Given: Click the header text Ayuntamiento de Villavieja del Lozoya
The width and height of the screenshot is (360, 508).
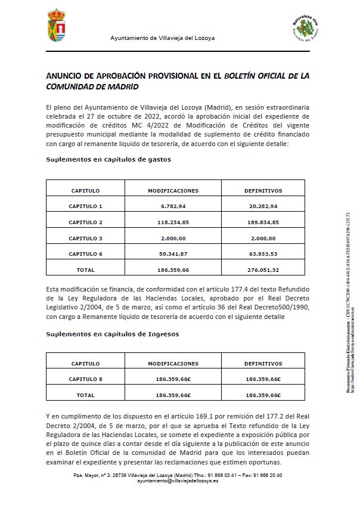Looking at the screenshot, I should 162,38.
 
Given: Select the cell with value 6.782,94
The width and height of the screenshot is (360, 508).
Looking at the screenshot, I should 173,206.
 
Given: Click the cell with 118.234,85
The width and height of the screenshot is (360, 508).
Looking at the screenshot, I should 173,222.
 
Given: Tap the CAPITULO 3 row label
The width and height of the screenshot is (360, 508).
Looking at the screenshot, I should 85,238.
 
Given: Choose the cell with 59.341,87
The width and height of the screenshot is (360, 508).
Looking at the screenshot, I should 173,255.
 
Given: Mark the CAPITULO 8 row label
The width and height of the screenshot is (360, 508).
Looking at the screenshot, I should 85,379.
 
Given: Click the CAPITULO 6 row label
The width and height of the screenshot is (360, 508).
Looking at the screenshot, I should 85,255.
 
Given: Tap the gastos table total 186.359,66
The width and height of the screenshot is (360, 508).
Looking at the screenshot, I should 173,270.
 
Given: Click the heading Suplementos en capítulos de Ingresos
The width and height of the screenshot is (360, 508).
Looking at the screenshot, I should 113,334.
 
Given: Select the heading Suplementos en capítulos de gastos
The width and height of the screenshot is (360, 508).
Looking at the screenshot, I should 108,159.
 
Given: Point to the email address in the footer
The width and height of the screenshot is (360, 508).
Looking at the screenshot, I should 178,481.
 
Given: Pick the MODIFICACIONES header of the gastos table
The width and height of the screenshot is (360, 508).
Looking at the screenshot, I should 173,191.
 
